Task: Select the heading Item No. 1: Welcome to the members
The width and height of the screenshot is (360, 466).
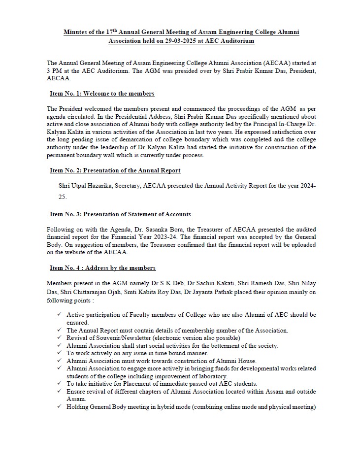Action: [102, 94]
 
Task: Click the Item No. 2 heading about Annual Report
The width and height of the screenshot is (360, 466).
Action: [115, 170]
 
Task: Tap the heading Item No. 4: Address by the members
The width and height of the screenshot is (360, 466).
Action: [102, 268]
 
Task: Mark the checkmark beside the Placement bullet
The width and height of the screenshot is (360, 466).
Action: [59, 384]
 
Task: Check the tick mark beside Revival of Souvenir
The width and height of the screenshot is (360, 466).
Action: [59, 338]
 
